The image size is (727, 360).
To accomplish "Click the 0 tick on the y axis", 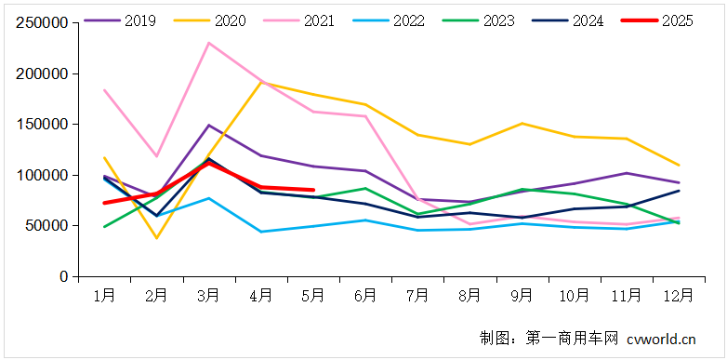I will coord(63,276).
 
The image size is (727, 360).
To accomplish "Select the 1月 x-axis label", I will coord(104,296).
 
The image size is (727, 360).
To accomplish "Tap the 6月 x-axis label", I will coord(365,296).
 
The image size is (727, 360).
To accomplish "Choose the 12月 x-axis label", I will coord(679,296).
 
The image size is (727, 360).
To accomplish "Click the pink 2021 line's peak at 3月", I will coord(209,43).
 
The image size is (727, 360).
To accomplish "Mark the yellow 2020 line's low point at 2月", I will coord(156,238).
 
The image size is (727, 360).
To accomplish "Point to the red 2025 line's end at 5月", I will coord(313,190).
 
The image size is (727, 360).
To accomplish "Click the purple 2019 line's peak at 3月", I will coord(209,125).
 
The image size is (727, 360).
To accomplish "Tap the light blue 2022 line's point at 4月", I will coord(261,232).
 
